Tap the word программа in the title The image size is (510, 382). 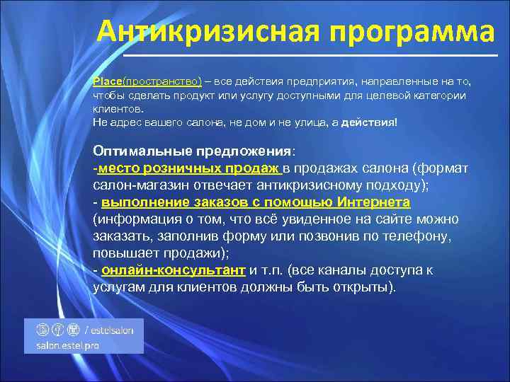pos(398,32)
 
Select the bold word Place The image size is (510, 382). pos(107,81)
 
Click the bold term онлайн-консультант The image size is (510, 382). pos(174,270)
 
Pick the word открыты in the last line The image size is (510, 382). pos(363,288)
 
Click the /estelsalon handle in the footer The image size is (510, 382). pos(114,329)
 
